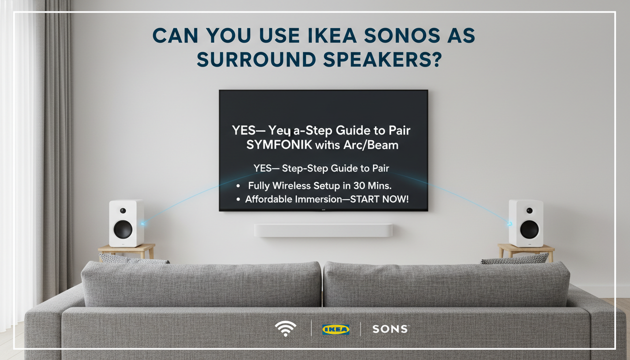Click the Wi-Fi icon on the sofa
(285, 329)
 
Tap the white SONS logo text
(390, 329)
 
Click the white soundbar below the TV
(323, 230)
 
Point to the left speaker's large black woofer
(123, 229)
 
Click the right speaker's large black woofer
(529, 229)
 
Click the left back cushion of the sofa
(202, 284)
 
